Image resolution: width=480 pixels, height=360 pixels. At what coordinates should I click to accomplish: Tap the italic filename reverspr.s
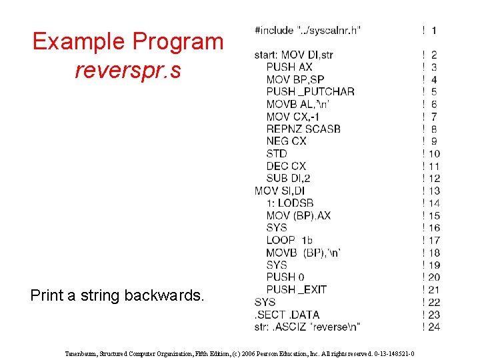(x=127, y=69)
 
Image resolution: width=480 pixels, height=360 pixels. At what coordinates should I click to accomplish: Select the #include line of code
(x=307, y=30)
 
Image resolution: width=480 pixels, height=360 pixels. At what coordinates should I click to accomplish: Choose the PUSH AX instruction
(x=289, y=67)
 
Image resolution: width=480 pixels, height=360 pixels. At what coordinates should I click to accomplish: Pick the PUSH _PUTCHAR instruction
(x=310, y=91)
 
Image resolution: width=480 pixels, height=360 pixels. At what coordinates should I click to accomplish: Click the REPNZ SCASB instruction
(x=303, y=129)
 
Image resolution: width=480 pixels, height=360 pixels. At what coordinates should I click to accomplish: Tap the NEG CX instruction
(x=286, y=141)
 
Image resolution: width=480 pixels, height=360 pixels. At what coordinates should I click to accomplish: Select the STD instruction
(x=277, y=153)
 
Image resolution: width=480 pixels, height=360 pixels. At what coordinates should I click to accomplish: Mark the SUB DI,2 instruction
(x=288, y=178)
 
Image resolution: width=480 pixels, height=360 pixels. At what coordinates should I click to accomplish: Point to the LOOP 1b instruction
(x=289, y=240)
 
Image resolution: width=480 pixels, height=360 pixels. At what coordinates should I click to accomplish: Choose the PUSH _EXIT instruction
(x=296, y=289)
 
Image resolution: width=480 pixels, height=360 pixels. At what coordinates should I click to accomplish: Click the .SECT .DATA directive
(x=287, y=314)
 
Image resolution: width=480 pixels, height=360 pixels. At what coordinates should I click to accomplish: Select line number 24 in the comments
(x=434, y=327)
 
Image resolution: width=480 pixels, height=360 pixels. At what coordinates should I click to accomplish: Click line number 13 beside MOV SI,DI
(x=434, y=191)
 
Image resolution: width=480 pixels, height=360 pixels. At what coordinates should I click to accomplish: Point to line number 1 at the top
(x=434, y=30)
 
